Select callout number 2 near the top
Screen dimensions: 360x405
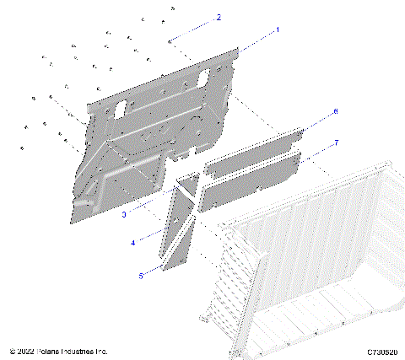pyautogui.click(x=219, y=17)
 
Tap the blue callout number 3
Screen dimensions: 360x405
pyautogui.click(x=124, y=214)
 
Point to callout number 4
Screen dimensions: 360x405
pyautogui.click(x=132, y=243)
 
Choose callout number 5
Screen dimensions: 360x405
pyautogui.click(x=140, y=273)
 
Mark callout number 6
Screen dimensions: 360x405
pyautogui.click(x=335, y=111)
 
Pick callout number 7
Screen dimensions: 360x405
pyautogui.click(x=336, y=142)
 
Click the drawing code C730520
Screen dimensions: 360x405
pyautogui.click(x=381, y=351)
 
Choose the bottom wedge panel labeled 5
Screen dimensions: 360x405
pyautogui.click(x=179, y=246)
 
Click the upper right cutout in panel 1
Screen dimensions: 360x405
pyautogui.click(x=205, y=79)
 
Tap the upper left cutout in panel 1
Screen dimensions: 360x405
pyautogui.click(x=119, y=108)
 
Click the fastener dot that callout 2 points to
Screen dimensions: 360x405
pyautogui.click(x=170, y=39)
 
